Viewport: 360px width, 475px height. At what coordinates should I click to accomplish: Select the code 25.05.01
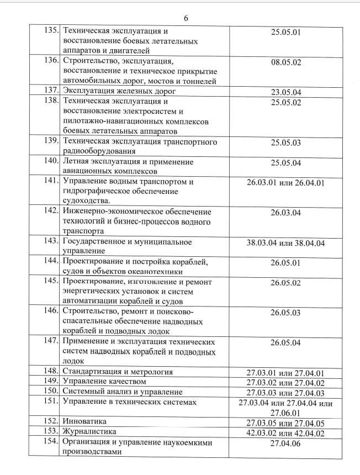(285, 32)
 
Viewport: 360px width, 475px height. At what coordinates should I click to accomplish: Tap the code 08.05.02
(285, 62)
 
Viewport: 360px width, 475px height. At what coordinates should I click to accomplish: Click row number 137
(51, 91)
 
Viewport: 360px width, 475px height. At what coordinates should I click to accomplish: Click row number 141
(51, 181)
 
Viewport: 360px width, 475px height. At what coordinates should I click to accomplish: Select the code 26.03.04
(285, 212)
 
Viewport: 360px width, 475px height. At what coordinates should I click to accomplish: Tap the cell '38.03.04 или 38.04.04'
(285, 242)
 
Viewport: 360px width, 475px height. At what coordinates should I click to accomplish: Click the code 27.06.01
(285, 413)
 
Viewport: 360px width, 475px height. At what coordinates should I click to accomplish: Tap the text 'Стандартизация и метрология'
(118, 372)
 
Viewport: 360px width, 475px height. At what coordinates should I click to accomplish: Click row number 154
(51, 442)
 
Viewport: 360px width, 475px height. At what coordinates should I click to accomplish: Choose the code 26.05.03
(285, 313)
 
